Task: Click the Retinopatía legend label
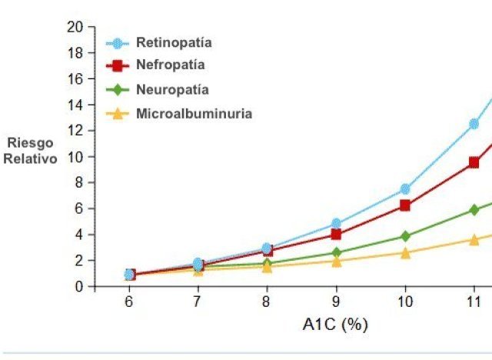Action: (x=174, y=42)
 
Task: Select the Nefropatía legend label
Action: (x=171, y=65)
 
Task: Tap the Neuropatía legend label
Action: (x=172, y=89)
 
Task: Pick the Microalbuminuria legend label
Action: (x=194, y=114)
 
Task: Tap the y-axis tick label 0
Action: (x=79, y=286)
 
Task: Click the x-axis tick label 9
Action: (x=335, y=302)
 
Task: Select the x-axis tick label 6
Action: (x=128, y=302)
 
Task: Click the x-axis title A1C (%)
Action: (x=335, y=325)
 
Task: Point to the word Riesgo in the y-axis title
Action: (x=30, y=143)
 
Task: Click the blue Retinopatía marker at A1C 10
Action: (x=405, y=189)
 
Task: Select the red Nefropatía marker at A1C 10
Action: (x=405, y=205)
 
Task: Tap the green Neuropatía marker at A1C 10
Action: (x=405, y=236)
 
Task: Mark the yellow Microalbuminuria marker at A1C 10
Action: (x=405, y=252)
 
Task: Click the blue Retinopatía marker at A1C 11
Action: (x=474, y=124)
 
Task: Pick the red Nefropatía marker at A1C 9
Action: (x=336, y=235)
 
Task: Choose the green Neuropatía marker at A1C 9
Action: (x=336, y=252)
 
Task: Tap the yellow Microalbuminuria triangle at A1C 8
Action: (x=267, y=266)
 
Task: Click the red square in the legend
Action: (x=118, y=65)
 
